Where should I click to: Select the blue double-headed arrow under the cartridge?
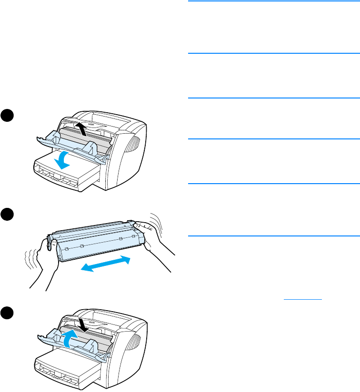[105, 264]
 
